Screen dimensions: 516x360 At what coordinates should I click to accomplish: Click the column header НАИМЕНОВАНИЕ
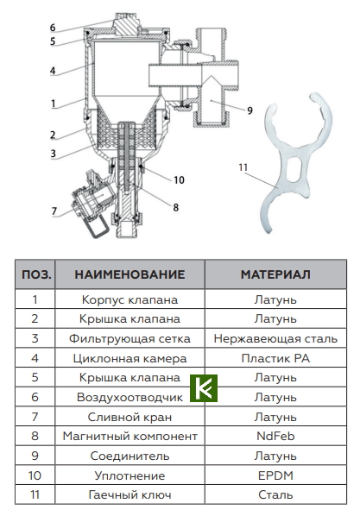[x=129, y=274]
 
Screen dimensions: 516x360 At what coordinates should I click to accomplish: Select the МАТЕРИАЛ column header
[x=275, y=274]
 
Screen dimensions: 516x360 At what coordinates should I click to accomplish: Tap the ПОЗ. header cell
[x=35, y=274]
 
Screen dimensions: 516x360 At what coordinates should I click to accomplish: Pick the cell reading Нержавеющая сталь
[x=275, y=338]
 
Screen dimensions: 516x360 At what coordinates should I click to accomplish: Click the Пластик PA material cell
[x=275, y=358]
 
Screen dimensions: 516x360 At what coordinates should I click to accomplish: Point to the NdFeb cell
[x=275, y=436]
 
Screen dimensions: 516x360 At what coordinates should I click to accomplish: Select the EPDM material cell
[x=275, y=475]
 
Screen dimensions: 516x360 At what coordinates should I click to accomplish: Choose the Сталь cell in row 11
[x=275, y=494]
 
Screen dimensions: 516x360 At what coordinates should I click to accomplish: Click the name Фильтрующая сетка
[x=129, y=338]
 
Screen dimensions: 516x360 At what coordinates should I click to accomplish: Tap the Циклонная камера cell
[x=129, y=358]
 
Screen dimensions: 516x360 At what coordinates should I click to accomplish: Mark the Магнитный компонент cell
[x=129, y=436]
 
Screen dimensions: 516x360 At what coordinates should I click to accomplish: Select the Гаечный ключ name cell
[x=129, y=494]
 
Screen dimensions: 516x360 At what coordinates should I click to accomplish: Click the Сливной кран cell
[x=129, y=417]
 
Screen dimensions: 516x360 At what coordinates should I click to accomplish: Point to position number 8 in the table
[x=35, y=436]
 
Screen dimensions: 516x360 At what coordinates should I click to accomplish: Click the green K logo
[x=204, y=387]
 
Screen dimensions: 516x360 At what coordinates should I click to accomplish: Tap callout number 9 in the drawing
[x=249, y=110]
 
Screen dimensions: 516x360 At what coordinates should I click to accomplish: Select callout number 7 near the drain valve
[x=54, y=211]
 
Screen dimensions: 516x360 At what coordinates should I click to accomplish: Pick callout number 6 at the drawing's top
[x=52, y=28]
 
